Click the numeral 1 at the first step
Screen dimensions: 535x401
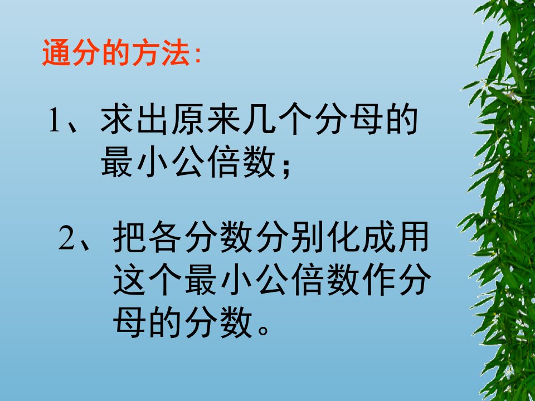tap(55, 120)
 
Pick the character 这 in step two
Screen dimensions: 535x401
tap(129, 280)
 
